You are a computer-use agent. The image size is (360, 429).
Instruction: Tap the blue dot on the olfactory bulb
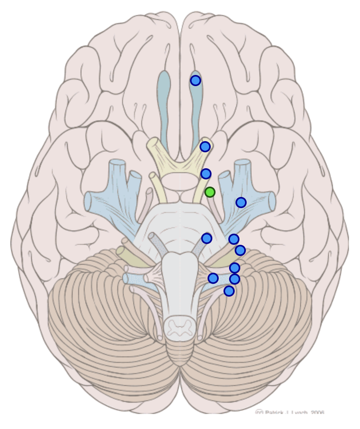click(x=195, y=81)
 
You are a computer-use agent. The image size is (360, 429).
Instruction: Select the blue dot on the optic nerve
click(x=205, y=147)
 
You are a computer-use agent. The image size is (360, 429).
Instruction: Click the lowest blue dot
click(x=229, y=291)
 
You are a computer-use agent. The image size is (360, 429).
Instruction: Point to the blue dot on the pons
click(x=206, y=238)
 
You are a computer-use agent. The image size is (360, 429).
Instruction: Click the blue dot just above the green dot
click(x=206, y=174)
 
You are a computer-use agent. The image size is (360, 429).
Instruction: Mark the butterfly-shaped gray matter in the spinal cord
click(x=179, y=327)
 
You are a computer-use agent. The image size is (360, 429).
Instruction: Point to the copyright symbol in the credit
click(x=259, y=412)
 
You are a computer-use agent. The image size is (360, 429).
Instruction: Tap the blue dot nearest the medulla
click(x=213, y=278)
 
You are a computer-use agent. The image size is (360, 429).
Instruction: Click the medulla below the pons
click(x=178, y=287)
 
